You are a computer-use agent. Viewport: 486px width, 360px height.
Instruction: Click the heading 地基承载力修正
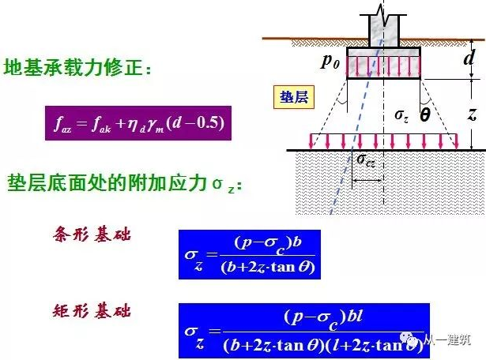pos(77,68)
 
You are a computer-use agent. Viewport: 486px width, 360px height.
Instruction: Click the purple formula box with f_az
pos(138,123)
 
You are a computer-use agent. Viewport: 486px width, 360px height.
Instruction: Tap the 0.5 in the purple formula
pos(209,124)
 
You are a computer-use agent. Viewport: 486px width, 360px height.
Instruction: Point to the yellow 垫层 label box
pos(293,97)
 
